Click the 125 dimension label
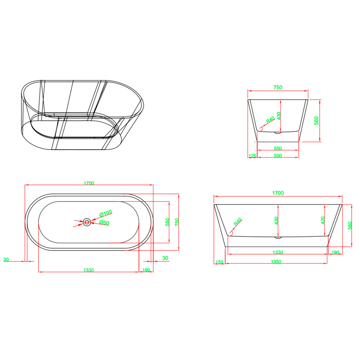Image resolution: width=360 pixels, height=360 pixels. point(252,156)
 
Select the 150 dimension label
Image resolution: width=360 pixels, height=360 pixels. point(220,262)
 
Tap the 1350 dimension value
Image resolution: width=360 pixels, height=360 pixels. point(276,262)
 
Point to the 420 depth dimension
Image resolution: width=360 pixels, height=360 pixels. point(323,220)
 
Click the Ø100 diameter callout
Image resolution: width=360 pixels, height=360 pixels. point(105,213)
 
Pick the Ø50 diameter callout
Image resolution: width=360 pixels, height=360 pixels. point(104,222)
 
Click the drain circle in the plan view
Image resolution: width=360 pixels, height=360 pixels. point(87,222)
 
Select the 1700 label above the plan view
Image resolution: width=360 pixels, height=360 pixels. point(89,183)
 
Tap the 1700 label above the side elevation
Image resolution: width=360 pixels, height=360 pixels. point(278,193)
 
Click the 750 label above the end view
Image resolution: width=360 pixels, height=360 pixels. point(278,87)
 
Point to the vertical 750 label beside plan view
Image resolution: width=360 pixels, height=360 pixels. point(177,222)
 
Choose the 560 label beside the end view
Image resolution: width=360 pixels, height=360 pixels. point(316,121)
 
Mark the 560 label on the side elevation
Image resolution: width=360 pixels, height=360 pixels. point(350,225)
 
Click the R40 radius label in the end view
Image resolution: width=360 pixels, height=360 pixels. point(270,120)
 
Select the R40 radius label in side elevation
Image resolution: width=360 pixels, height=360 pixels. point(238,221)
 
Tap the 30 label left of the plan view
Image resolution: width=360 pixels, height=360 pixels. point(6,260)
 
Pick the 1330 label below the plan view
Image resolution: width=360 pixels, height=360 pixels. point(89,270)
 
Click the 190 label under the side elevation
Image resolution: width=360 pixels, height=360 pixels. point(335,252)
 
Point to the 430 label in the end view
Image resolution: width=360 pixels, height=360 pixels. point(279,116)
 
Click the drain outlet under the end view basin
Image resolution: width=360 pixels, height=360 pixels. point(278,132)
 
